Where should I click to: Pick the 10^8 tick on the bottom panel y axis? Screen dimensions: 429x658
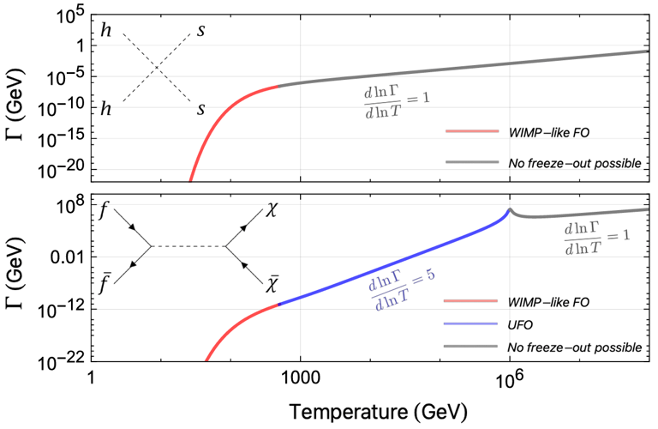pyautogui.click(x=67, y=204)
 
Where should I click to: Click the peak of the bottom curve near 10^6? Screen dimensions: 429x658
pyautogui.click(x=510, y=209)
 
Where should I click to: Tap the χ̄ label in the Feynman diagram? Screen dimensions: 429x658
pyautogui.click(x=272, y=283)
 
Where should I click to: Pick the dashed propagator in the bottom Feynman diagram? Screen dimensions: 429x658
pyautogui.click(x=188, y=247)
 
